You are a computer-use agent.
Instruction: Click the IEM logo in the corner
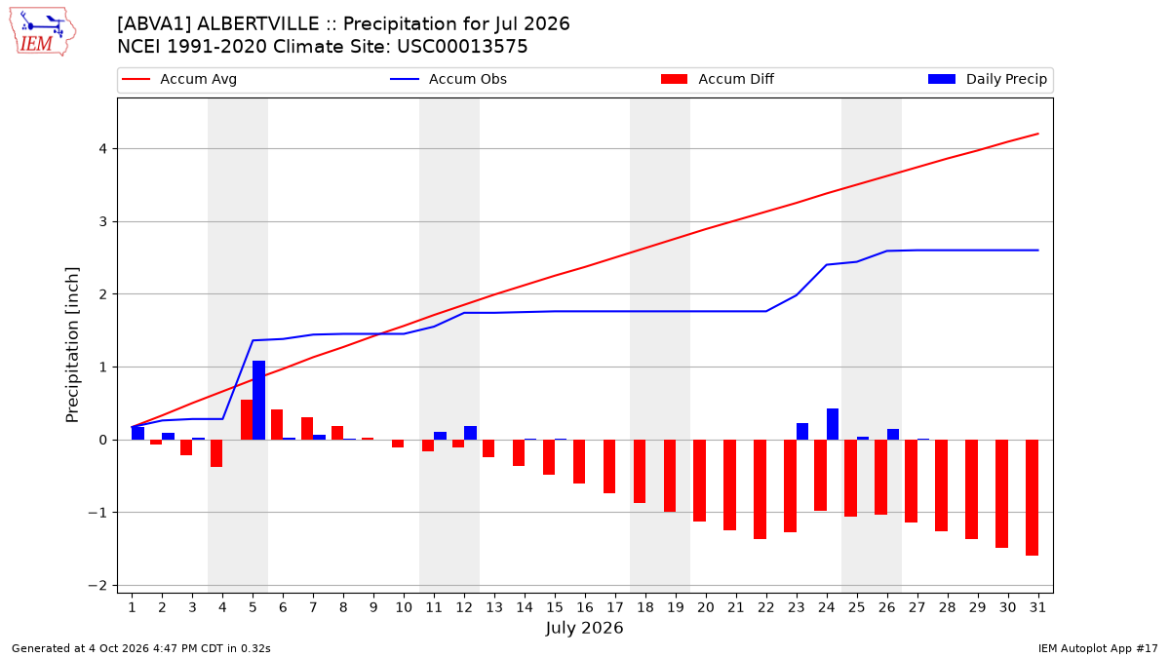pyautogui.click(x=43, y=32)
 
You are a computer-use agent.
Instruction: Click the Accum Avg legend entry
pyautogui.click(x=179, y=79)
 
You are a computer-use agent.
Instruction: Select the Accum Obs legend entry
pyautogui.click(x=448, y=79)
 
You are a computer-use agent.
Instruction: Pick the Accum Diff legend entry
pyautogui.click(x=718, y=79)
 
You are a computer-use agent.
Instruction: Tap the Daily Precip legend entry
pyautogui.click(x=987, y=79)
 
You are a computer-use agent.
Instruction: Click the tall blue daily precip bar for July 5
pyautogui.click(x=258, y=400)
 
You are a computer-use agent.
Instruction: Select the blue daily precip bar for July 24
pyautogui.click(x=832, y=424)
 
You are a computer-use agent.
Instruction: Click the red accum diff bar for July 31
pyautogui.click(x=1032, y=497)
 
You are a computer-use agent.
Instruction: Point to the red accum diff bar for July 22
pyautogui.click(x=760, y=489)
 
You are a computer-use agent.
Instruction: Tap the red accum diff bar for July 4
pyautogui.click(x=216, y=453)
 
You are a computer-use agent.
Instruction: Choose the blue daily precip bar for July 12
pyautogui.click(x=470, y=433)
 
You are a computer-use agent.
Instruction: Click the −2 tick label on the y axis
pyautogui.click(x=97, y=586)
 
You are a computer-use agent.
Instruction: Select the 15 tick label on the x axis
pyautogui.click(x=555, y=607)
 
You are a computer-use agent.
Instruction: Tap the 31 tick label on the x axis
pyautogui.click(x=1037, y=607)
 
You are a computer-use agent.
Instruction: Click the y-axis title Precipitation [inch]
pyautogui.click(x=72, y=345)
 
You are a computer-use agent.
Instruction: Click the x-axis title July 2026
pyautogui.click(x=584, y=628)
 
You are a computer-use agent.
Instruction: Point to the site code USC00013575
pyautogui.click(x=462, y=47)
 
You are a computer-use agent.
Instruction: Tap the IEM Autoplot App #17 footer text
pyautogui.click(x=1098, y=648)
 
